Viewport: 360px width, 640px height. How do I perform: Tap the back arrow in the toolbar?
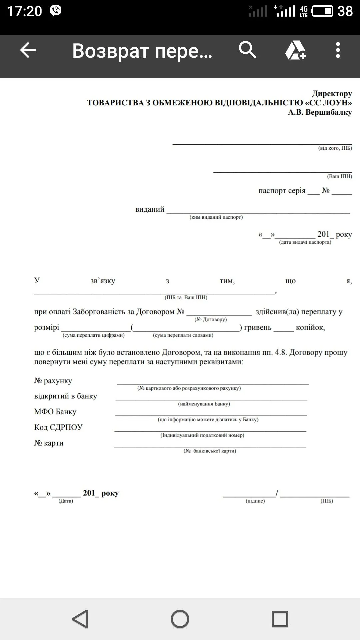(x=28, y=50)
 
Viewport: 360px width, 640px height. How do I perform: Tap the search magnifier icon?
(x=247, y=50)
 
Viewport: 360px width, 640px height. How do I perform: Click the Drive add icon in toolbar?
(x=295, y=50)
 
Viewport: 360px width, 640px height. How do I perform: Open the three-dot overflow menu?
(x=338, y=50)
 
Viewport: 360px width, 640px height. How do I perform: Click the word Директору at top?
(x=332, y=94)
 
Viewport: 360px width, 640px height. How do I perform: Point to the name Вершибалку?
(x=328, y=112)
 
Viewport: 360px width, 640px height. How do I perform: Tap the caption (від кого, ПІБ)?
(x=335, y=148)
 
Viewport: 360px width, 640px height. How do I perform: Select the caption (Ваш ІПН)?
(x=339, y=176)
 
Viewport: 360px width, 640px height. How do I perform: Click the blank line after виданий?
(x=258, y=211)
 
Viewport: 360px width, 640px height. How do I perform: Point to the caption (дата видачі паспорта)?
(x=305, y=242)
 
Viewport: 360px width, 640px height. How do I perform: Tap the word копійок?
(x=310, y=328)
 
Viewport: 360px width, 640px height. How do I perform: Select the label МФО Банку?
(x=55, y=412)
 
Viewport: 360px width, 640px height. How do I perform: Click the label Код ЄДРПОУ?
(x=58, y=427)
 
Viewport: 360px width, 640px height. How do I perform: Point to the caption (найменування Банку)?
(x=204, y=404)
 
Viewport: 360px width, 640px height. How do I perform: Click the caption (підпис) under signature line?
(x=255, y=501)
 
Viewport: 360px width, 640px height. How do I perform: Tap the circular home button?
(x=180, y=619)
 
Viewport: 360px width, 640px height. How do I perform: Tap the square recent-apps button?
(x=280, y=619)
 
